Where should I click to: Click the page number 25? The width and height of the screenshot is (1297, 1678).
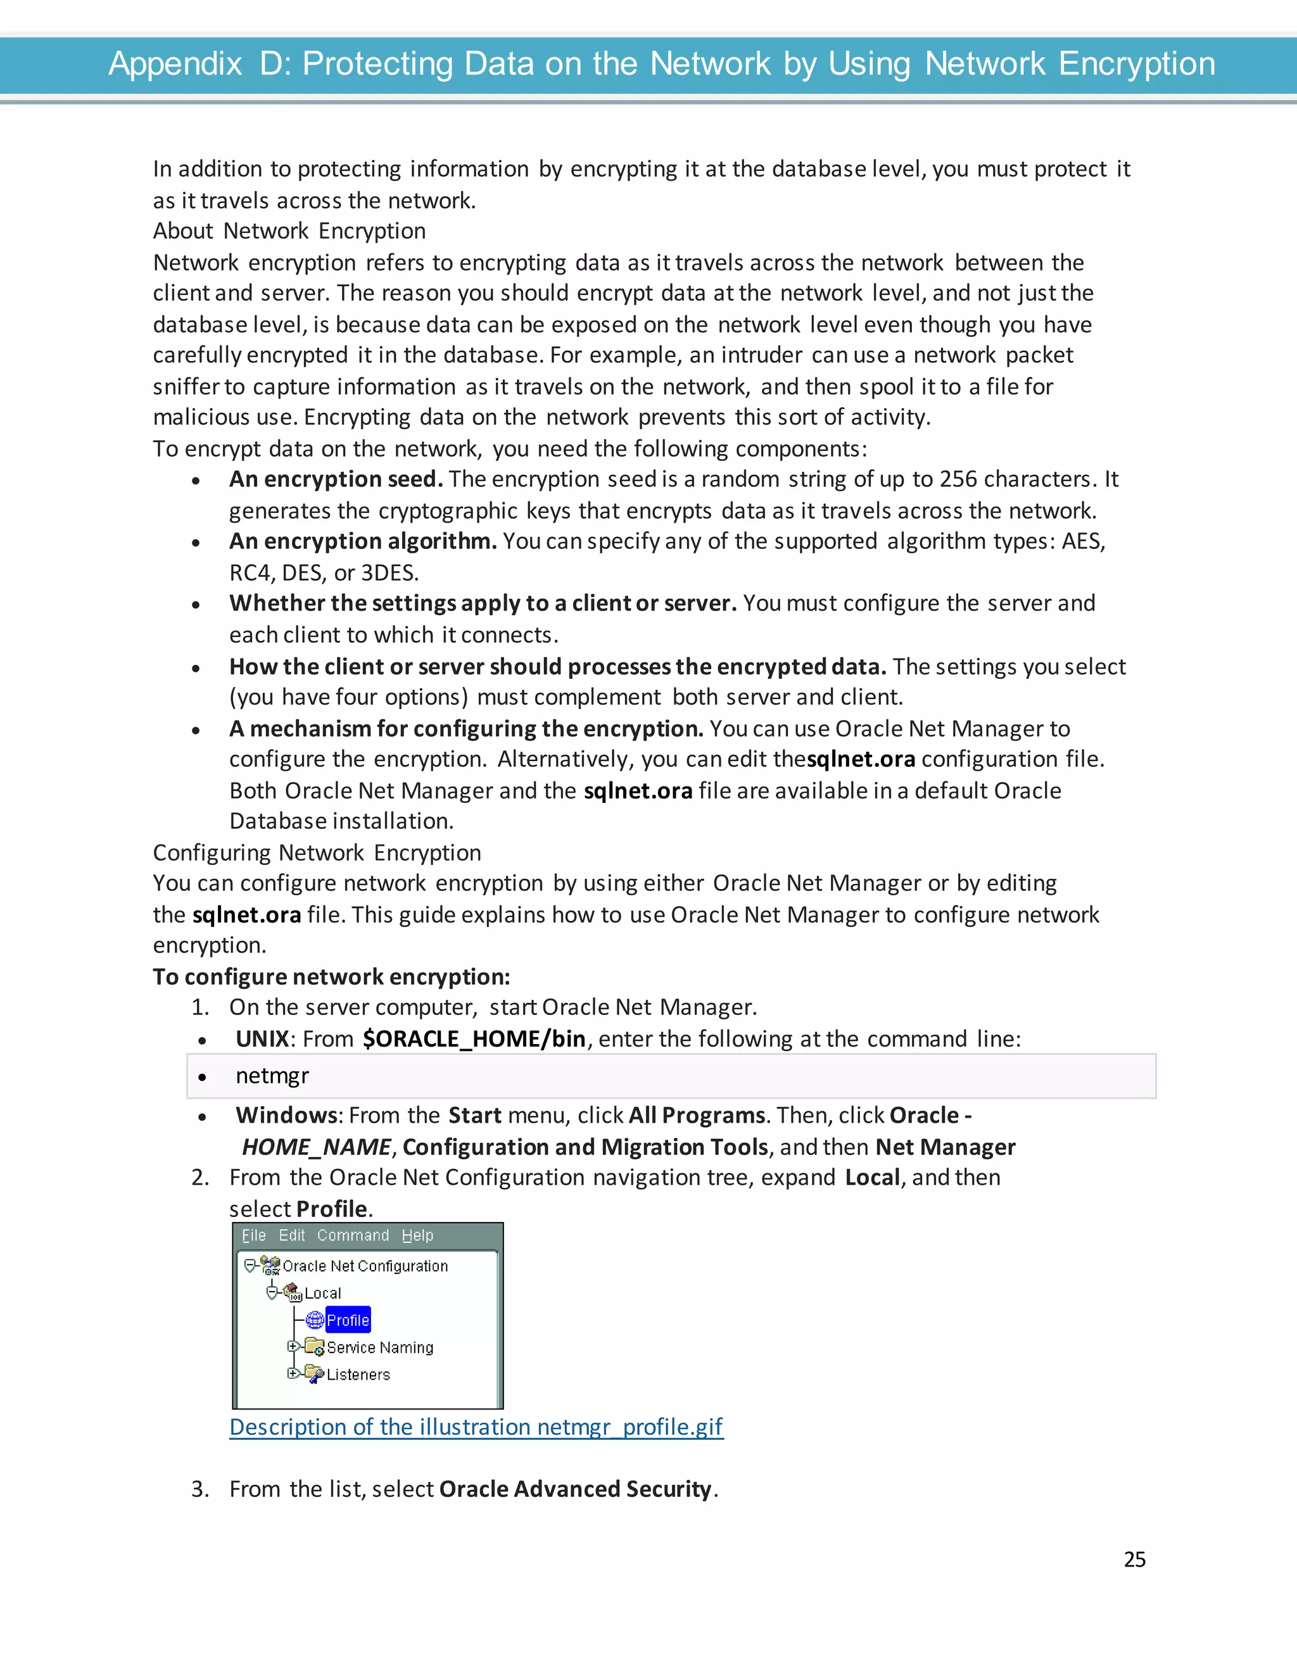click(1134, 1559)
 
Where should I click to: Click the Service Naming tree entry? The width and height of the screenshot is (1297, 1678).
click(379, 1347)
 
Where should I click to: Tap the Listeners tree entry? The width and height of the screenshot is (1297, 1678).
click(358, 1374)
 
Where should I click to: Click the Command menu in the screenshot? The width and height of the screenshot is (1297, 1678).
click(353, 1235)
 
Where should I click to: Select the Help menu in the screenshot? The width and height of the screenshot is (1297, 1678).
click(417, 1235)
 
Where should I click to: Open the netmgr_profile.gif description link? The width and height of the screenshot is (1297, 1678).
click(476, 1427)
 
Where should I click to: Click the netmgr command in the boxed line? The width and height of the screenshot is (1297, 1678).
click(272, 1076)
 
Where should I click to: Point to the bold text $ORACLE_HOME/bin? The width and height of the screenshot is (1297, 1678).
click(474, 1038)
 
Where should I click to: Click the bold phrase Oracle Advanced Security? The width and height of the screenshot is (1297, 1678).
click(576, 1489)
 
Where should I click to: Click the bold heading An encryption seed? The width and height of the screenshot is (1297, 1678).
click(336, 479)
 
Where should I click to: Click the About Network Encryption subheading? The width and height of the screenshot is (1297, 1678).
click(289, 231)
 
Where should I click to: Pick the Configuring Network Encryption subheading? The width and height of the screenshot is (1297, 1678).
click(317, 853)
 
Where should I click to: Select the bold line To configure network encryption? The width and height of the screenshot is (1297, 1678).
click(331, 976)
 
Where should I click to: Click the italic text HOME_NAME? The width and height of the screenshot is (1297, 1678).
click(317, 1147)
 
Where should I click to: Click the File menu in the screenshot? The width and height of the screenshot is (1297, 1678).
click(253, 1235)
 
